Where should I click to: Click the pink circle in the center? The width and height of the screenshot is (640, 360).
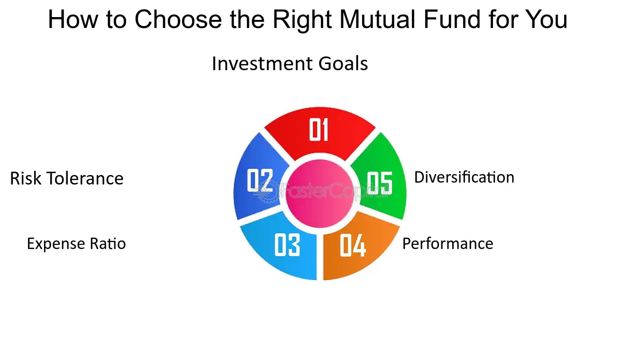point(320,194)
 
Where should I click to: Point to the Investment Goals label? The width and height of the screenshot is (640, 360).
point(290,64)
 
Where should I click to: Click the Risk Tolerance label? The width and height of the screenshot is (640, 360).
point(66,178)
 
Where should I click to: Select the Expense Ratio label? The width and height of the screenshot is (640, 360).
point(76,244)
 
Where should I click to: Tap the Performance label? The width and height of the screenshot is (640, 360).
point(448,244)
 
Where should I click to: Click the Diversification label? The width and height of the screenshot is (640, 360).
point(464,177)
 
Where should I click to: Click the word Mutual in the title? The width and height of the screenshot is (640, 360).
point(377,19)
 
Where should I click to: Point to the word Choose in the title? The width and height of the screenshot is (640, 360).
point(178,19)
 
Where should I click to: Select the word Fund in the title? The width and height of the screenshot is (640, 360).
point(452,19)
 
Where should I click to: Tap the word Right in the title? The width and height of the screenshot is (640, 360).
point(302,20)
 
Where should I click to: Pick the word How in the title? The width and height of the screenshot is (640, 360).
point(73,19)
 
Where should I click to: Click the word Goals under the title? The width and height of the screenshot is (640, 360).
point(343,64)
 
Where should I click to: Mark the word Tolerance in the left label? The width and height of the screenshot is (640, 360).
point(85,178)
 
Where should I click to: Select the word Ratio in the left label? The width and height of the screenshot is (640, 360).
point(108,244)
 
